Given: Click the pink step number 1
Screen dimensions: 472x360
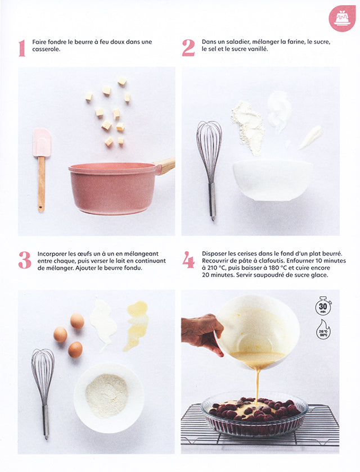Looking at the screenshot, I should (22, 48).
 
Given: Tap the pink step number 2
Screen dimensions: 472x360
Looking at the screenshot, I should (188, 48).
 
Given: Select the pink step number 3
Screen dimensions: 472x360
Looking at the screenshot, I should (24, 260).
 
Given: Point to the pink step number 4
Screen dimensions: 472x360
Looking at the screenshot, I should (188, 260).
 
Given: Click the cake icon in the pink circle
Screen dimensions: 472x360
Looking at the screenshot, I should (342, 19).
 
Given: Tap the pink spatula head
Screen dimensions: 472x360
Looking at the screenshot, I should (42, 142).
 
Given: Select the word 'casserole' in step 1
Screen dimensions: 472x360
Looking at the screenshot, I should (47, 50).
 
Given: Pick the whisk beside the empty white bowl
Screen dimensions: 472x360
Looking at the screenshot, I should (209, 163).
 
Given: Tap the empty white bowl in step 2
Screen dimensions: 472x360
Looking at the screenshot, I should (273, 179).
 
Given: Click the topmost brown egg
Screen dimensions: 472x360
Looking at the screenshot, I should (77, 321).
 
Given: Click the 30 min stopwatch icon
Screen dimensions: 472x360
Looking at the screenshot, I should (323, 307).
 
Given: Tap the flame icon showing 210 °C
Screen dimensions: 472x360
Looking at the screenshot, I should (323, 330).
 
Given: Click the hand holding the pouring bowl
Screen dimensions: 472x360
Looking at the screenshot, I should (201, 333).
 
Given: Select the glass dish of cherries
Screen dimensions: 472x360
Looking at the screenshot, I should (254, 415).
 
